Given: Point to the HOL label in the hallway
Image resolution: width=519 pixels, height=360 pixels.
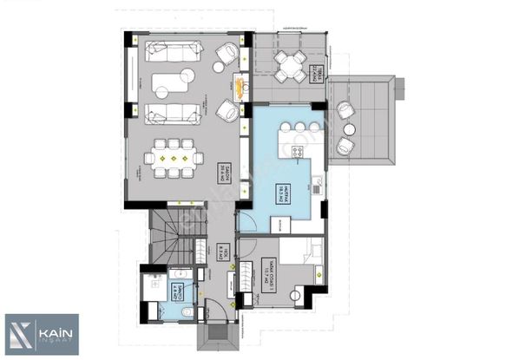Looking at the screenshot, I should pos(224,256).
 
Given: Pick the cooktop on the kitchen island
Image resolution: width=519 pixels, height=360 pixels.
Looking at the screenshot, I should pos(298,151).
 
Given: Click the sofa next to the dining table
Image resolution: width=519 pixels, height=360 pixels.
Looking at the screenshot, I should pos(170,112).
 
